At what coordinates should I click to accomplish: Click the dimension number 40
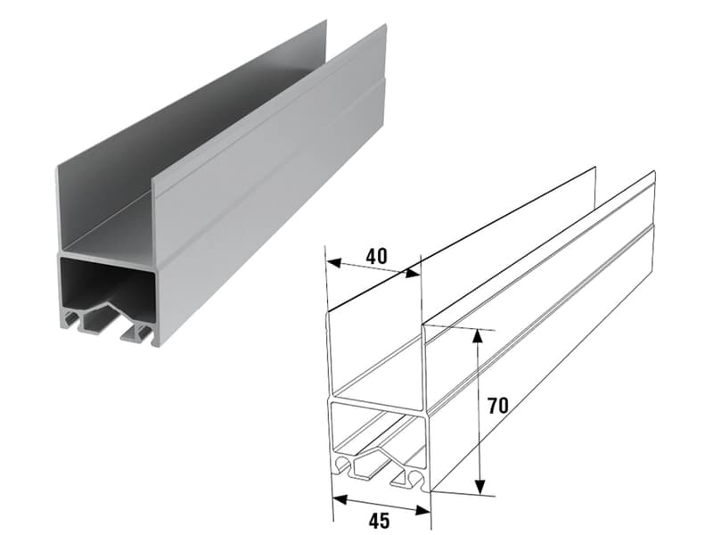[x=377, y=257]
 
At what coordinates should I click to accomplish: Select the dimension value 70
[x=498, y=406]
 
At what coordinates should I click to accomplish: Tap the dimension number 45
[x=380, y=521]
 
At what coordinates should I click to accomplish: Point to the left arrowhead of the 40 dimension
[x=333, y=263]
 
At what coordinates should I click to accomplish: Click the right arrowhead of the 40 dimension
[x=413, y=273]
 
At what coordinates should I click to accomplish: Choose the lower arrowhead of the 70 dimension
[x=479, y=486]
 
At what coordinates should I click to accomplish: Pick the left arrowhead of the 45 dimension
[x=341, y=499]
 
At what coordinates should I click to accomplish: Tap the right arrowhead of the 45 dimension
[x=422, y=510]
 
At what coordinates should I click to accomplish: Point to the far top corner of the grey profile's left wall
[x=325, y=21]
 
